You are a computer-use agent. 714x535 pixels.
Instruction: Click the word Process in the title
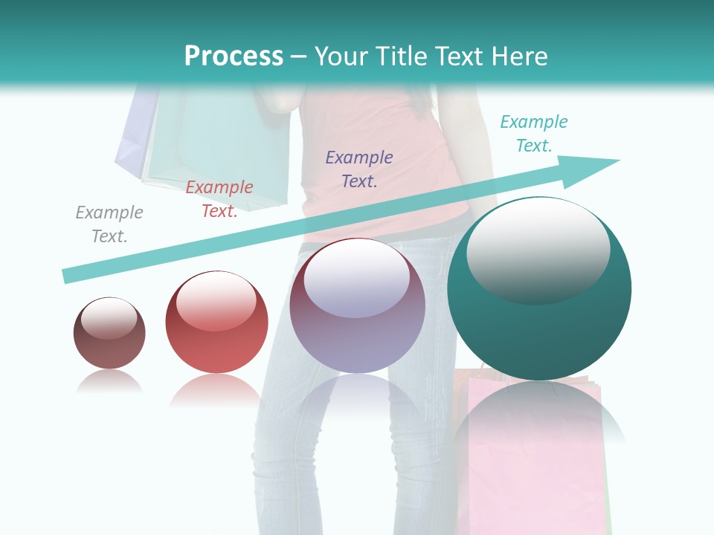coord(234,56)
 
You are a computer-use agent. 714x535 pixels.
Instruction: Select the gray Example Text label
coord(109,224)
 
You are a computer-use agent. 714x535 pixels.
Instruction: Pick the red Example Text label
coord(219,199)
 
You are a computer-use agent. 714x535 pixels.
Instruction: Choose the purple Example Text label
coord(359,169)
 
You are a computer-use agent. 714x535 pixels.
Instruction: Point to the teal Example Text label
coord(534,134)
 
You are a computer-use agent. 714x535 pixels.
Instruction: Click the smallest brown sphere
coord(109,346)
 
